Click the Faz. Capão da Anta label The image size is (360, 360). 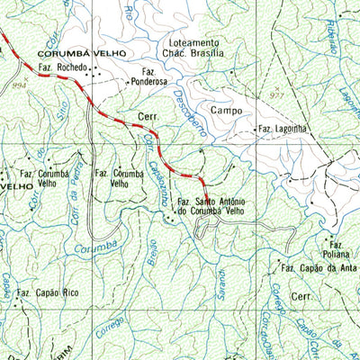(319, 268)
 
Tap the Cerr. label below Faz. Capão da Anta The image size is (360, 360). (301, 295)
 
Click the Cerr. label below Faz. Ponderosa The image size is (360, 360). (148, 116)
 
